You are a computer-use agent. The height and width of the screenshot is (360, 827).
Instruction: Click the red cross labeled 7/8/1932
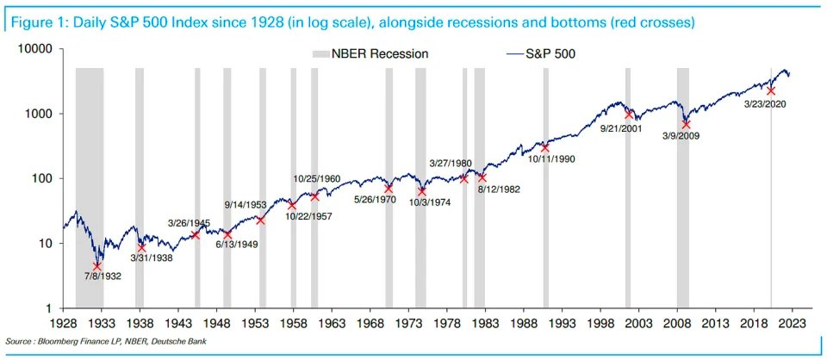(x=97, y=267)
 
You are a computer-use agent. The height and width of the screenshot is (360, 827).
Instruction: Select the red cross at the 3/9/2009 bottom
(x=686, y=124)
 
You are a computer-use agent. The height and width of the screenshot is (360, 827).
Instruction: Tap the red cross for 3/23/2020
(x=771, y=90)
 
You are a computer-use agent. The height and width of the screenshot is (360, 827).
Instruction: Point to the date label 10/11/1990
(x=552, y=158)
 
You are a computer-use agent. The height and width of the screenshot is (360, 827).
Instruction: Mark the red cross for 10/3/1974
(x=422, y=190)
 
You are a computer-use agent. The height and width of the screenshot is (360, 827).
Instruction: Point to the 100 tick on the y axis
(x=43, y=178)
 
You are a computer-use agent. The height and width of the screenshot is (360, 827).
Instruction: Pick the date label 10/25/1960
(x=317, y=179)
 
